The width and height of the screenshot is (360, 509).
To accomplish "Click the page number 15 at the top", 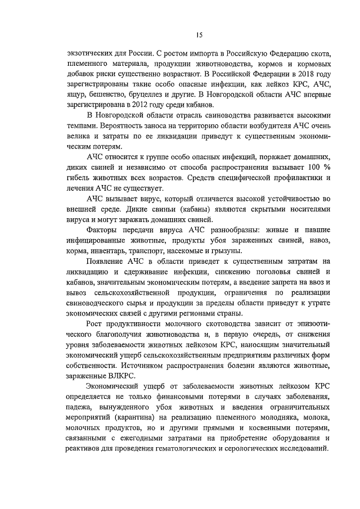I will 199,35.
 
